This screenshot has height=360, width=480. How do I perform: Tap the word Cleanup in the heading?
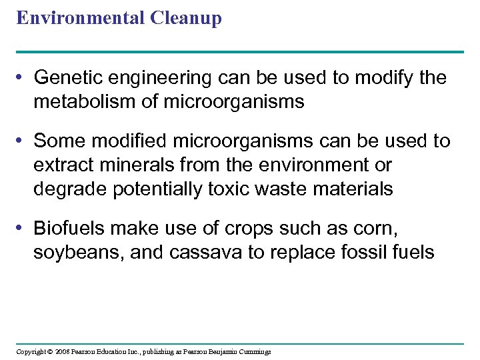click(x=186, y=18)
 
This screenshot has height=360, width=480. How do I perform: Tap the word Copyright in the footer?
click(x=31, y=351)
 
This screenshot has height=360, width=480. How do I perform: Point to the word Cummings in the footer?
click(x=253, y=351)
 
